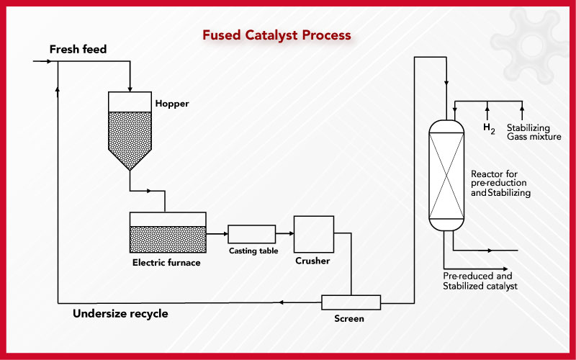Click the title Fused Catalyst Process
(276, 35)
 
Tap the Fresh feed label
(78, 49)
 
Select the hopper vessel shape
(130, 131)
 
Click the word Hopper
(172, 104)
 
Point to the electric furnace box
(168, 232)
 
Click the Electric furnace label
(166, 263)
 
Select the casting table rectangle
(251, 234)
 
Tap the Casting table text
(253, 251)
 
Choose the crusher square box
(314, 234)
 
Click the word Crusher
(312, 261)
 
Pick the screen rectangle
(351, 302)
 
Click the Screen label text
(349, 318)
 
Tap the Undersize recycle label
(120, 314)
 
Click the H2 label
(489, 128)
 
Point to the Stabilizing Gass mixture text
(534, 132)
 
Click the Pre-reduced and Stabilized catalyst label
(480, 281)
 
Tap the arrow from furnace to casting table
(217, 234)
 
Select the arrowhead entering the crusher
(292, 233)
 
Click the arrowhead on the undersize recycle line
(281, 302)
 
